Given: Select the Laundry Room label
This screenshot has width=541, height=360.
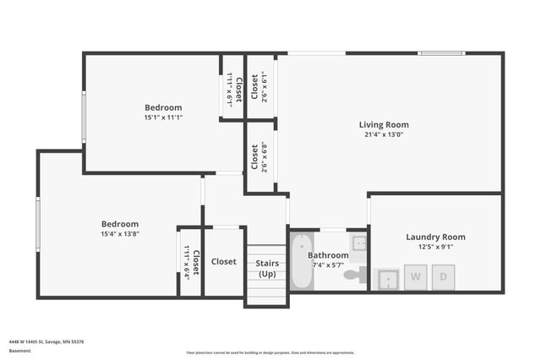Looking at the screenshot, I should click(x=435, y=237).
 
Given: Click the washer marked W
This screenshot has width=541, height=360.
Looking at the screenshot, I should click(x=416, y=276).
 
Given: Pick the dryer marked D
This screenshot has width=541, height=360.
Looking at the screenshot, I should click(x=443, y=276).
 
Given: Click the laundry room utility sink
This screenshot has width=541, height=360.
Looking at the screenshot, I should click(x=388, y=278).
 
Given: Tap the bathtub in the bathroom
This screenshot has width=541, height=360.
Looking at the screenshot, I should click(x=299, y=263).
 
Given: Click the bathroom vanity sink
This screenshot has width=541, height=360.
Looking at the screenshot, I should click(x=359, y=243).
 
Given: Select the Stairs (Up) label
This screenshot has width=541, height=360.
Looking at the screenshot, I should click(x=267, y=269).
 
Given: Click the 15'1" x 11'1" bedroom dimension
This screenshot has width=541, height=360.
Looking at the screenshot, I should click(x=163, y=117).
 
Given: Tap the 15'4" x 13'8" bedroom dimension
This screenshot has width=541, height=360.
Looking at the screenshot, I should click(x=117, y=234).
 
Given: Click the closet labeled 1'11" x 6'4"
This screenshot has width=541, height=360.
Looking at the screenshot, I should click(x=191, y=262).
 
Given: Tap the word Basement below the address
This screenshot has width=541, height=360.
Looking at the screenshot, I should click(x=19, y=351).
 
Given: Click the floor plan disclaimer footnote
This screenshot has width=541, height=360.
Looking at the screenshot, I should click(x=270, y=352).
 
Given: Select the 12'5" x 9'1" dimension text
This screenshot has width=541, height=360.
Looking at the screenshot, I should click(x=435, y=247).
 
